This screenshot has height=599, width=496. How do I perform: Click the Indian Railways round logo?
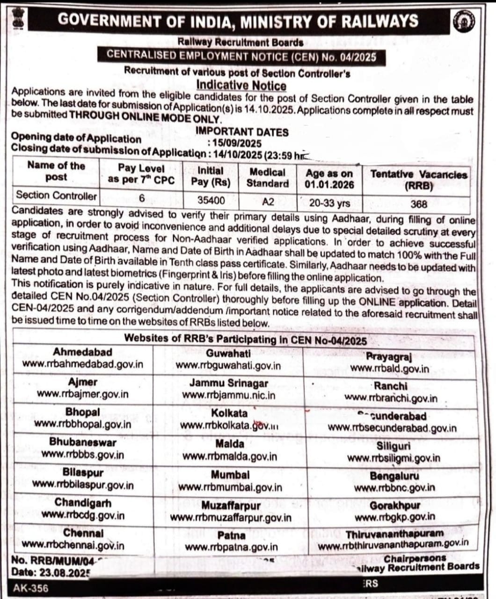point(464,21)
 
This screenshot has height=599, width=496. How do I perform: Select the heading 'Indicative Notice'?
point(241,85)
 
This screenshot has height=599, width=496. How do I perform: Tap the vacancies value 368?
point(419,204)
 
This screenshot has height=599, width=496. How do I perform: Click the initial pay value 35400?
point(211,200)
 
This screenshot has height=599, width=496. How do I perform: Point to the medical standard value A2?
point(268,202)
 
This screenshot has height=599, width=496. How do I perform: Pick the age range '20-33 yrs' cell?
point(329,203)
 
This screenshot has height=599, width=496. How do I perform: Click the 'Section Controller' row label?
point(56,195)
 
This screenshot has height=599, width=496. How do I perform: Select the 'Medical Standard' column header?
point(267,178)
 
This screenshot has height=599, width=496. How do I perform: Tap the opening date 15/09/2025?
point(237,144)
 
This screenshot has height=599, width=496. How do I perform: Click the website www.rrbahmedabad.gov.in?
point(83,364)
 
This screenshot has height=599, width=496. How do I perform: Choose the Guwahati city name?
point(228,353)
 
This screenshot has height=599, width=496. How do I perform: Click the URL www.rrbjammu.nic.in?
point(228,395)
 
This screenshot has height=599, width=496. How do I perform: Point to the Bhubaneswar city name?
point(83,442)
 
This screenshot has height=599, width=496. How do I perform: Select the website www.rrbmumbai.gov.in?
point(230,487)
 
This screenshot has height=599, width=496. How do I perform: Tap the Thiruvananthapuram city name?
point(394,534)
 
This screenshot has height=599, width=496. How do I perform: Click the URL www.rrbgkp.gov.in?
point(394,517)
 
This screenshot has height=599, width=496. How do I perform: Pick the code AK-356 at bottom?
point(30,588)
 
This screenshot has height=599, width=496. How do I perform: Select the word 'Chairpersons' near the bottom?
point(415,558)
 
